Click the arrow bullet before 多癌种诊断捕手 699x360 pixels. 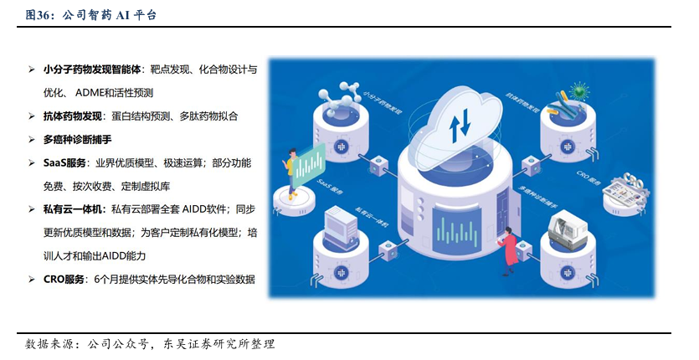click(x=31, y=140)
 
